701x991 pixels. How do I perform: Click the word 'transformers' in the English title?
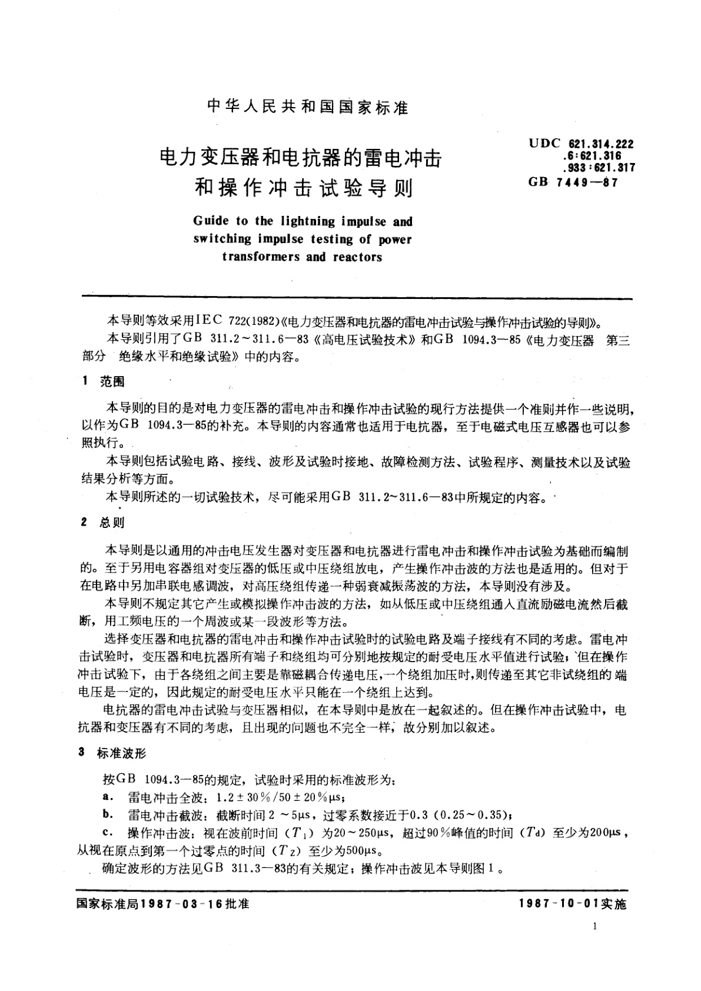(261, 257)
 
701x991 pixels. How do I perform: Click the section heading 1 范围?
(104, 382)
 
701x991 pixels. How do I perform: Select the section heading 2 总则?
(103, 522)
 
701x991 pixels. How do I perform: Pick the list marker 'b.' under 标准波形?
(107, 815)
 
